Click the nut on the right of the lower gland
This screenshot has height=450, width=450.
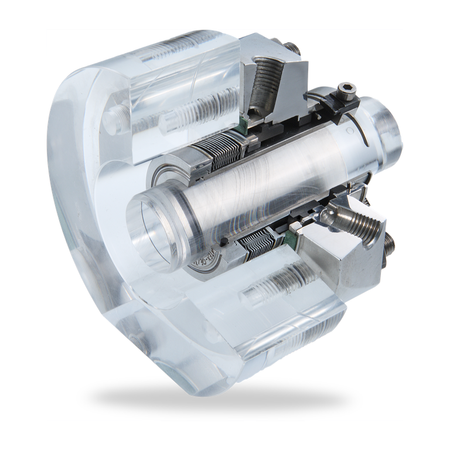click(x=388, y=245)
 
